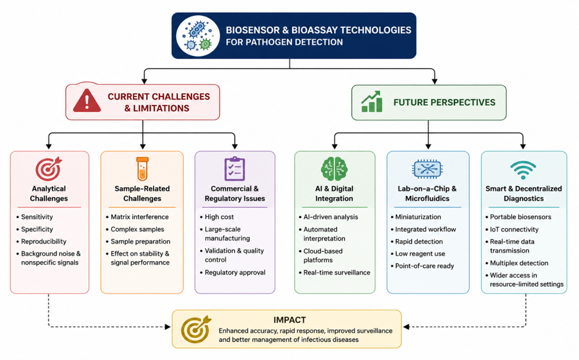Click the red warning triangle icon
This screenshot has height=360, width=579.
[x=87, y=101]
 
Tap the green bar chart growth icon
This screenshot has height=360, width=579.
[x=371, y=102]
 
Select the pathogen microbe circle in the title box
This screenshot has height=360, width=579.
[x=198, y=36]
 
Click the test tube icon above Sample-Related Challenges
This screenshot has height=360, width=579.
[x=142, y=169]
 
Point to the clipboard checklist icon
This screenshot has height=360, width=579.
[x=235, y=169]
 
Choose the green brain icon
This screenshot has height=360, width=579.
[x=334, y=169]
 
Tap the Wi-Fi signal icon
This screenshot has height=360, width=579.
[x=523, y=170]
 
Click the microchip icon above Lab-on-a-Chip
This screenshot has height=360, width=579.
[x=427, y=169]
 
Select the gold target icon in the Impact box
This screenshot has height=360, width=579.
[x=196, y=329]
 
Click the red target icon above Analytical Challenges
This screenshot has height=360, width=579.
[x=49, y=169]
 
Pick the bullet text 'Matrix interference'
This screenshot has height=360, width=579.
[x=140, y=217]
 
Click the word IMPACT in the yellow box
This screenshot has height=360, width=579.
[x=290, y=320]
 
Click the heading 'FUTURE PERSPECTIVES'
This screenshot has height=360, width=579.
[x=444, y=102]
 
